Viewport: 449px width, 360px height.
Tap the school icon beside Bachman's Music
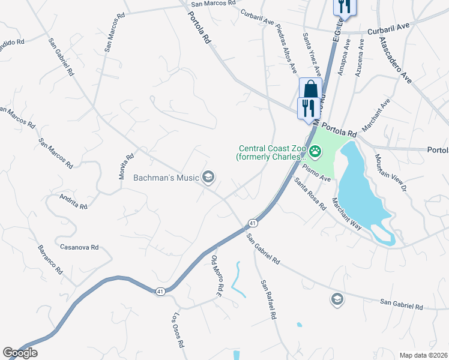point(209,176)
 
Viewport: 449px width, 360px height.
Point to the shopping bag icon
point(310,89)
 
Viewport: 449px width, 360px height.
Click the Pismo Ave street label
point(316,173)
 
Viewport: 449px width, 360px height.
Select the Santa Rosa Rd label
point(310,193)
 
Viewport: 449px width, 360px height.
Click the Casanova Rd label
point(79,247)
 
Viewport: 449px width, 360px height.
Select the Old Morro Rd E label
point(217,276)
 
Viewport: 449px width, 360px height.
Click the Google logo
point(20,353)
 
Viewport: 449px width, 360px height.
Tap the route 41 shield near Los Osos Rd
point(160,291)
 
